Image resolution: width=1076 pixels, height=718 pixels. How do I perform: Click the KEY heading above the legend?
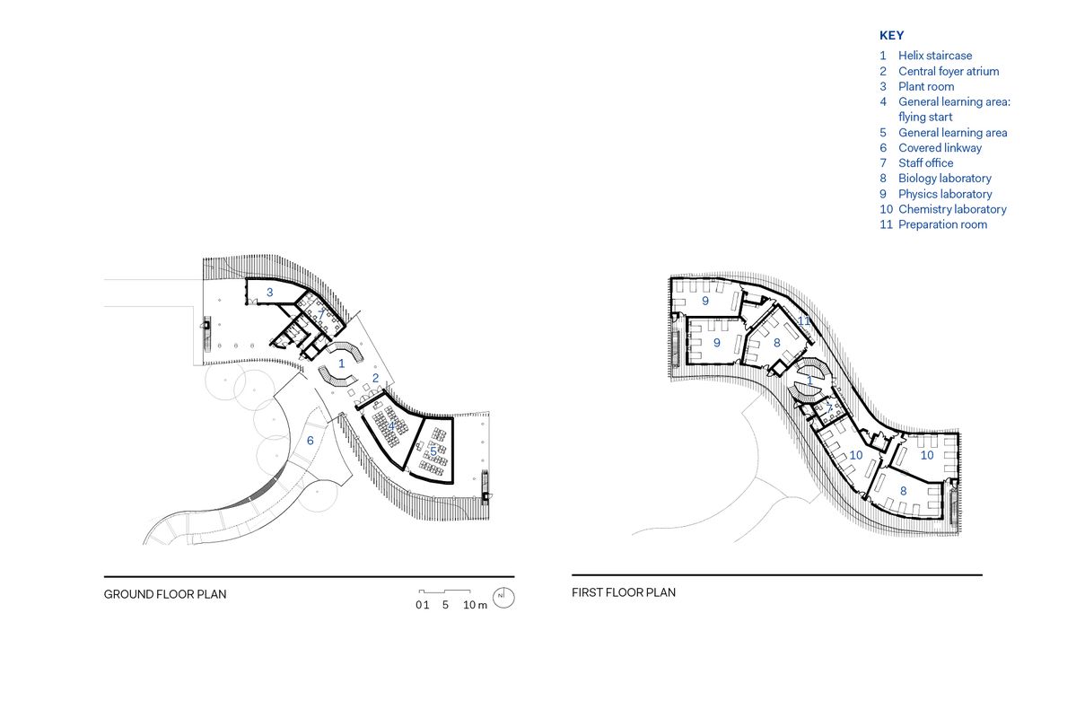(x=891, y=36)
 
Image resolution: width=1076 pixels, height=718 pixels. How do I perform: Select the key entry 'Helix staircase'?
(x=935, y=56)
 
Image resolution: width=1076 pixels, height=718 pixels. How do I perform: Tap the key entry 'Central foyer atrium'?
(x=949, y=71)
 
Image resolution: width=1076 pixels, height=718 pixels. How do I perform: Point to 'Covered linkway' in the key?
(x=940, y=147)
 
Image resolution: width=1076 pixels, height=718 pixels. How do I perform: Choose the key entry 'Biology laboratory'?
(x=945, y=178)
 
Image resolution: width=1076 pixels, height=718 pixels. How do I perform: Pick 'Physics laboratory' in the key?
(x=945, y=194)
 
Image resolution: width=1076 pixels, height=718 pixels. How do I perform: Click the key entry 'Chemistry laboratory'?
(x=952, y=209)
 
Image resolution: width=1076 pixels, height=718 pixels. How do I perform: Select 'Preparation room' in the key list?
(x=942, y=224)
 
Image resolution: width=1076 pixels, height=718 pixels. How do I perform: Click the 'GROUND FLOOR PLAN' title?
(x=165, y=594)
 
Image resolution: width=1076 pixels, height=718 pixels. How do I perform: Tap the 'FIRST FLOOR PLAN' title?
(x=624, y=592)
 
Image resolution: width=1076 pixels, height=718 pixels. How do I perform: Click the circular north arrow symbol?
(x=504, y=598)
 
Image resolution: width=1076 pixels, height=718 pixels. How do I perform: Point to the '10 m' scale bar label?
(x=475, y=605)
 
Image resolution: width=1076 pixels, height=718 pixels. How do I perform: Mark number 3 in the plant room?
(x=269, y=293)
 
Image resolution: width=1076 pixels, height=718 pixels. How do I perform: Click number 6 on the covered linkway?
(x=311, y=441)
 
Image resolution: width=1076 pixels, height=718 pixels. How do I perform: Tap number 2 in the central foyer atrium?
(x=376, y=378)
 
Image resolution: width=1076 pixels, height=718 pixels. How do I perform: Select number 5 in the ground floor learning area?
(x=433, y=451)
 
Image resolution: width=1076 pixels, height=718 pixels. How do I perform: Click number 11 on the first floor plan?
(x=804, y=320)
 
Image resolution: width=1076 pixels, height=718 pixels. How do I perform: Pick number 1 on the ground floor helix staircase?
(x=341, y=363)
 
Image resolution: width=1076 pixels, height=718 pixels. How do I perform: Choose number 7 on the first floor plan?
(x=828, y=409)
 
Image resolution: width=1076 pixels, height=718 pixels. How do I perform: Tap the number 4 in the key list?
(x=883, y=101)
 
